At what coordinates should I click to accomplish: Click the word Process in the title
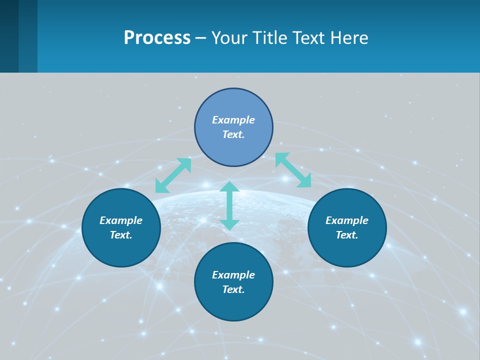click(157, 38)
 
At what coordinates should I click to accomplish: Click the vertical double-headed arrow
click(229, 205)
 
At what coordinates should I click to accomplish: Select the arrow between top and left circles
click(173, 175)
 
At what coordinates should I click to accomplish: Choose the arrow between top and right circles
click(293, 170)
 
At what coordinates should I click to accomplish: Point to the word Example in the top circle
click(233, 120)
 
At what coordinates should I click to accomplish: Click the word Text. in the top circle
click(233, 134)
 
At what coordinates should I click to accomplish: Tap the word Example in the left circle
click(121, 220)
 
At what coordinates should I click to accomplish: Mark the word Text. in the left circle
click(121, 235)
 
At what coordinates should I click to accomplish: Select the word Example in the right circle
click(347, 220)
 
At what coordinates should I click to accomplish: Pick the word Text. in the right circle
click(347, 235)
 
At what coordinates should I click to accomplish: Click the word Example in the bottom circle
click(233, 275)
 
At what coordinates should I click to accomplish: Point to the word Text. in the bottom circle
click(233, 289)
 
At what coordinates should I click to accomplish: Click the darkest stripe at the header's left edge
click(9, 36)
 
